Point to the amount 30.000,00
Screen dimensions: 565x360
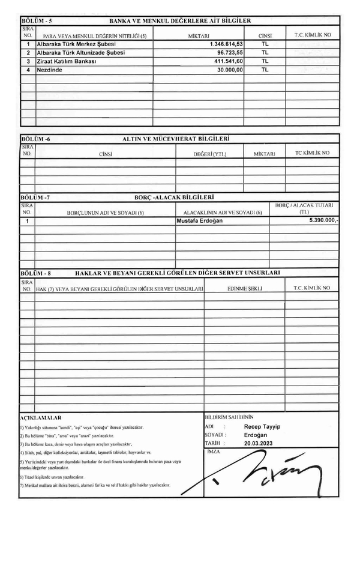pos(229,70)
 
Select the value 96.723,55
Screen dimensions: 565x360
pos(229,53)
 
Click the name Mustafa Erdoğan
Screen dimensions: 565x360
pos(200,221)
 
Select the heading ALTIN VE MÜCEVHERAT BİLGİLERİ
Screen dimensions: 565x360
pos(176,139)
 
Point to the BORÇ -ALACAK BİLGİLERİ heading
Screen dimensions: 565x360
pos(176,196)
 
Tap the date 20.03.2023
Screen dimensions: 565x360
pos(258,443)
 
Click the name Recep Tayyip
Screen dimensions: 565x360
pos(262,426)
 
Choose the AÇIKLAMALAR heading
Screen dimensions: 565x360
pos(41,417)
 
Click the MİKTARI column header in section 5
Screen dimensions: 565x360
pos(198,35)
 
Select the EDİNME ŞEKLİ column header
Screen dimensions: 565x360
pos(245,288)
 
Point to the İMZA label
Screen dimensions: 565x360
pos(212,451)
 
